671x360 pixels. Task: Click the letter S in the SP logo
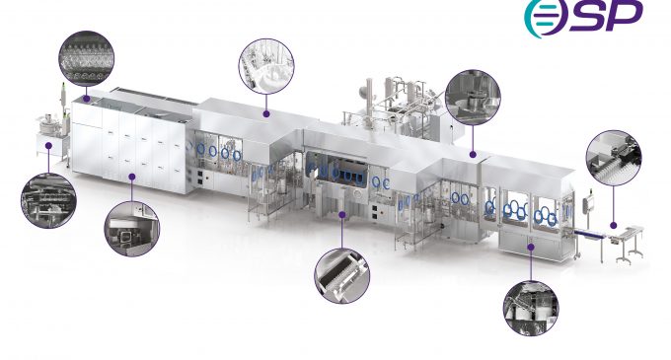[x=587, y=16]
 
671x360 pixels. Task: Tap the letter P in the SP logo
[x=624, y=15]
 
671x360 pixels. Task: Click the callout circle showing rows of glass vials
[x=87, y=58]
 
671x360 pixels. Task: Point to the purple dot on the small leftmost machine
[x=48, y=146]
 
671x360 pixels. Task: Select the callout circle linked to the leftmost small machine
[x=48, y=200]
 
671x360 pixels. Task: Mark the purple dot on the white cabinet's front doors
[x=132, y=177]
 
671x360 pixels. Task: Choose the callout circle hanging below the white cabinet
[x=132, y=229]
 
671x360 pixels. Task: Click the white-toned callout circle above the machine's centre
[x=266, y=66]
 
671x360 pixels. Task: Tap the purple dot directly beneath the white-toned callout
[x=266, y=114]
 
